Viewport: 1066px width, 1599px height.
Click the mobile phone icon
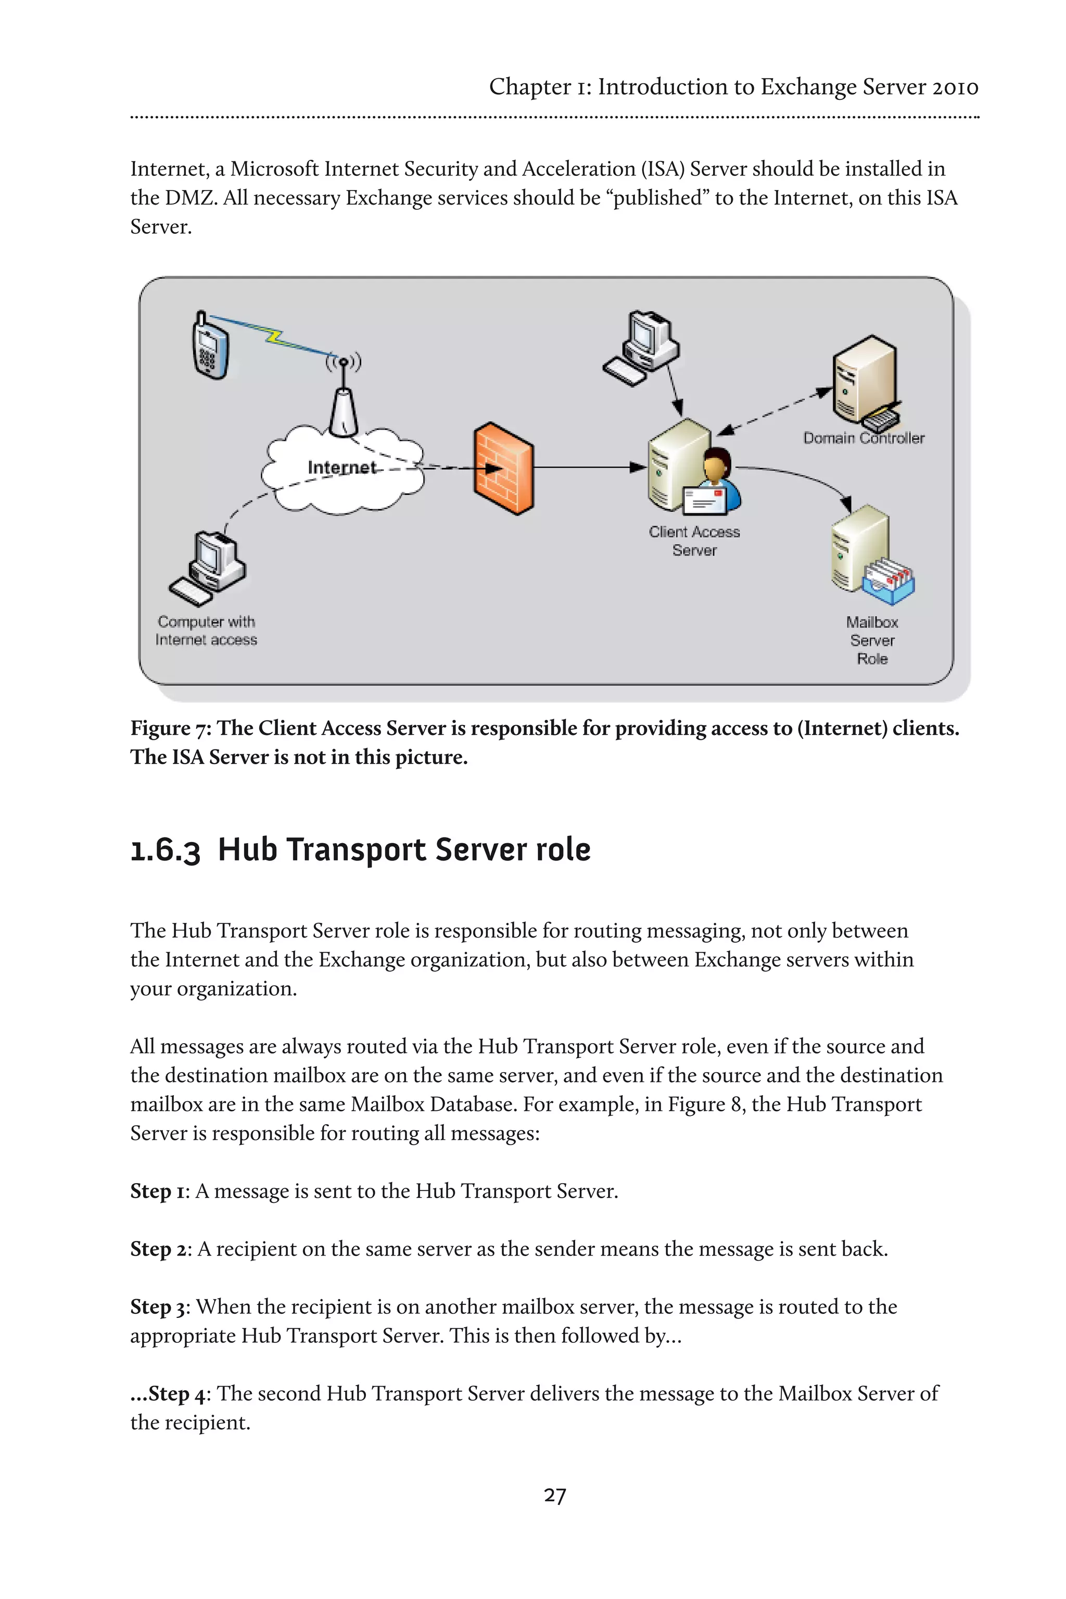coord(210,346)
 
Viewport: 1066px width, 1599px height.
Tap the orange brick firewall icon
coord(503,468)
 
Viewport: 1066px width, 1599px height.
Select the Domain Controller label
coord(864,438)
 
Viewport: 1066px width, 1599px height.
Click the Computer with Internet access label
coord(206,631)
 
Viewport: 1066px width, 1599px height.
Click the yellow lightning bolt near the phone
coord(273,335)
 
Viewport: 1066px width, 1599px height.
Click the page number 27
coord(555,1495)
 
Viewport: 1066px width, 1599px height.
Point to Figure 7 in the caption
coord(170,728)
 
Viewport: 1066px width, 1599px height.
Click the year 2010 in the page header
coord(955,87)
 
